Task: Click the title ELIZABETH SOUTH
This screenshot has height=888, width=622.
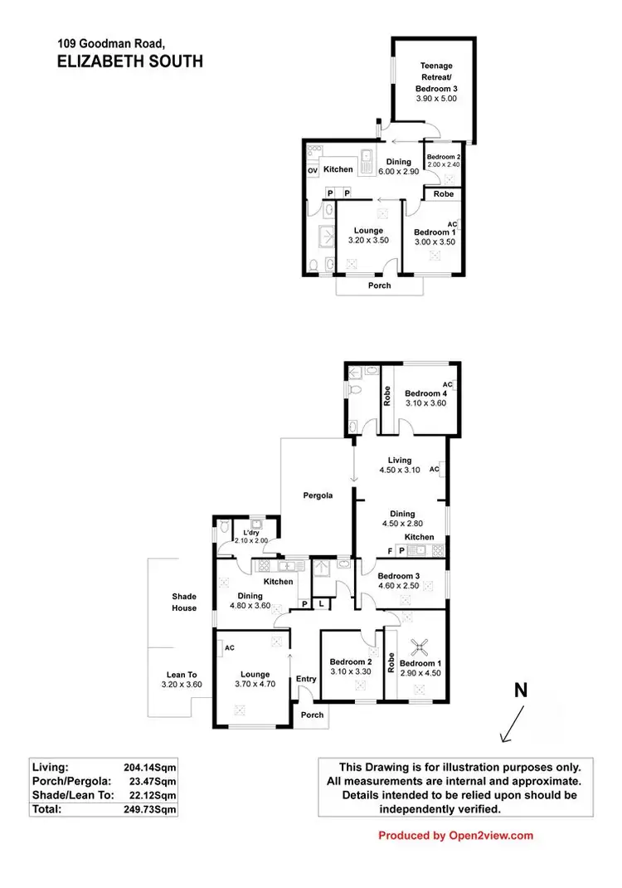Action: point(130,61)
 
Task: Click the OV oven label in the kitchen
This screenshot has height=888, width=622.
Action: point(313,170)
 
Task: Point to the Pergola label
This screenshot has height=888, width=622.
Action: point(317,495)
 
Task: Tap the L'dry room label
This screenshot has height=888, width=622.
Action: point(246,532)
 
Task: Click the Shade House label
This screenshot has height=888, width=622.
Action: point(184,602)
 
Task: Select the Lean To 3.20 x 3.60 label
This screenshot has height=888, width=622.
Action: point(181,680)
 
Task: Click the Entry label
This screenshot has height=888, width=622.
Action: point(306,679)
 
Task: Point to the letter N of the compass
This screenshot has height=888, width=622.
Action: point(521,690)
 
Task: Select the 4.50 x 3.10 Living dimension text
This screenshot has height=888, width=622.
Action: point(400,470)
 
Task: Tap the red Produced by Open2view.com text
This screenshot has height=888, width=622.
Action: point(455,836)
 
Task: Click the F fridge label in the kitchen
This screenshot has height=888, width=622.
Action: point(390,550)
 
